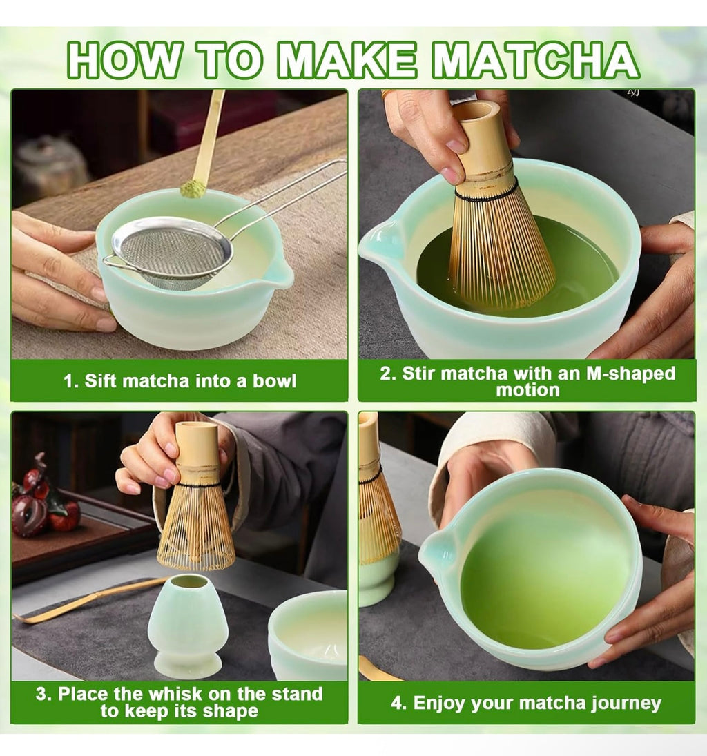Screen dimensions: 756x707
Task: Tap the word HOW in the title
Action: click(x=122, y=61)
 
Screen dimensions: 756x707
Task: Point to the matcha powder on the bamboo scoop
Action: click(x=193, y=188)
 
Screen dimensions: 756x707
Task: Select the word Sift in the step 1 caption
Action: click(x=104, y=380)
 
